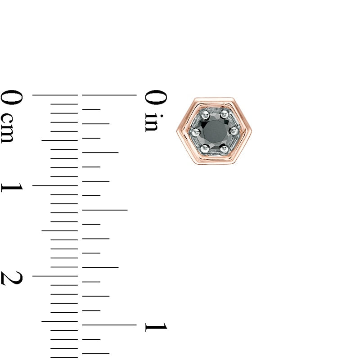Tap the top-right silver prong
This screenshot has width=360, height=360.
(x=224, y=114)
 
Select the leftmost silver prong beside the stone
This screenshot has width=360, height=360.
(x=195, y=131)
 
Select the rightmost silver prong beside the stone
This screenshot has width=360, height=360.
(x=234, y=131)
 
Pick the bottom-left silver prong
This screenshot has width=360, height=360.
(x=205, y=149)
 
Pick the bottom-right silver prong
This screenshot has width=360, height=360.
(x=224, y=149)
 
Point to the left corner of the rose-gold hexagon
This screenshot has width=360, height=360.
(x=176, y=131)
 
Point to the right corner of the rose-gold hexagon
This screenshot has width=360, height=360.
(x=252, y=131)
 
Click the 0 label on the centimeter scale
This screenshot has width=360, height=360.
(x=12, y=97)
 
